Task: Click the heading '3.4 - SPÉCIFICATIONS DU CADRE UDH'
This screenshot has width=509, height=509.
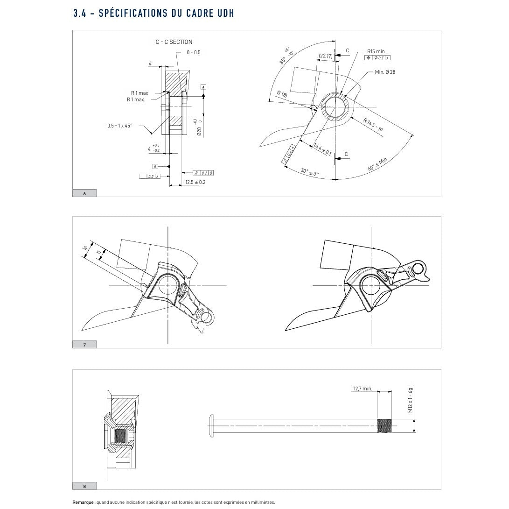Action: (x=153, y=13)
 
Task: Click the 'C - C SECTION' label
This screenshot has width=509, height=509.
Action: (x=174, y=42)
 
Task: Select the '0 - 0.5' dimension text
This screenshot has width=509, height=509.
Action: (x=193, y=52)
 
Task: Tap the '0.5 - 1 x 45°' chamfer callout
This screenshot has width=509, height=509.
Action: (x=120, y=126)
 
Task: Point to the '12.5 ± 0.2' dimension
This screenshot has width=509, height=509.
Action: (x=195, y=182)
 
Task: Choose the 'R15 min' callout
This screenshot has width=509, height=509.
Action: (x=376, y=51)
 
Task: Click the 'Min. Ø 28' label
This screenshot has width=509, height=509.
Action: (x=385, y=72)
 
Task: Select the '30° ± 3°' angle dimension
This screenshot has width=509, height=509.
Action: (x=309, y=172)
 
